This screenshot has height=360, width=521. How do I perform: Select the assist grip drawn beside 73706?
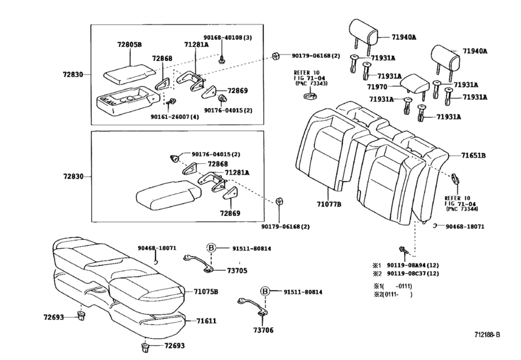[251, 304]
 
